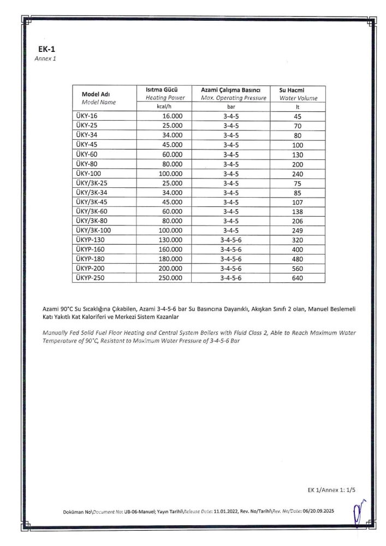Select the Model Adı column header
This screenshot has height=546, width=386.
click(x=96, y=93)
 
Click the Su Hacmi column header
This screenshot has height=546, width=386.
click(x=294, y=90)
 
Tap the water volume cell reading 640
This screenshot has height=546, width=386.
click(x=294, y=278)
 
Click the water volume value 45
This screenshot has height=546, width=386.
click(x=294, y=116)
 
